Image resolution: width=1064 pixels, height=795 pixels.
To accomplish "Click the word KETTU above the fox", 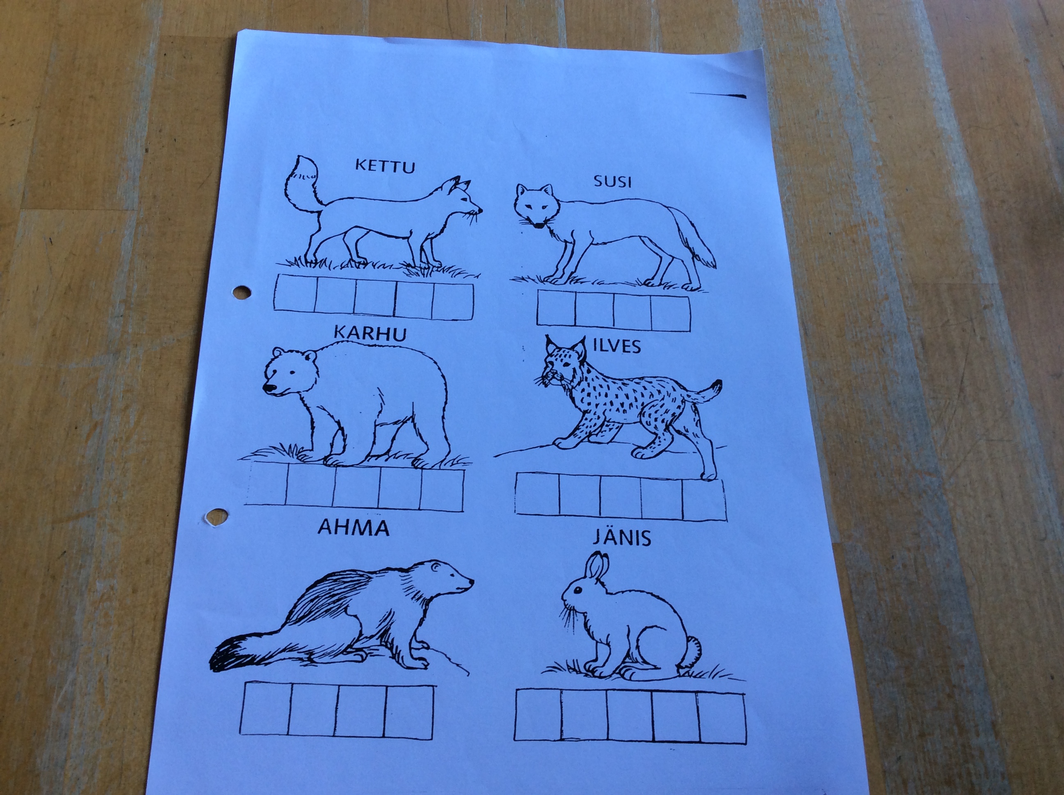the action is click(385, 166).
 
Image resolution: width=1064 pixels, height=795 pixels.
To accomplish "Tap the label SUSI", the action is click(612, 182).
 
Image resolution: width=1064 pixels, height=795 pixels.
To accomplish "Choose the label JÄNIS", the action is click(622, 537).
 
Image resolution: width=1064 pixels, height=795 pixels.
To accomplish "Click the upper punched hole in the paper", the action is click(241, 292).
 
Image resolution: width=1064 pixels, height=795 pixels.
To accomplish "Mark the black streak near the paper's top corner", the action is click(718, 95).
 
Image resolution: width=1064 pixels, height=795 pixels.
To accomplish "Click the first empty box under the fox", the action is click(295, 294).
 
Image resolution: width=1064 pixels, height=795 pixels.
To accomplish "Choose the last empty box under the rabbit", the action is click(722, 718).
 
